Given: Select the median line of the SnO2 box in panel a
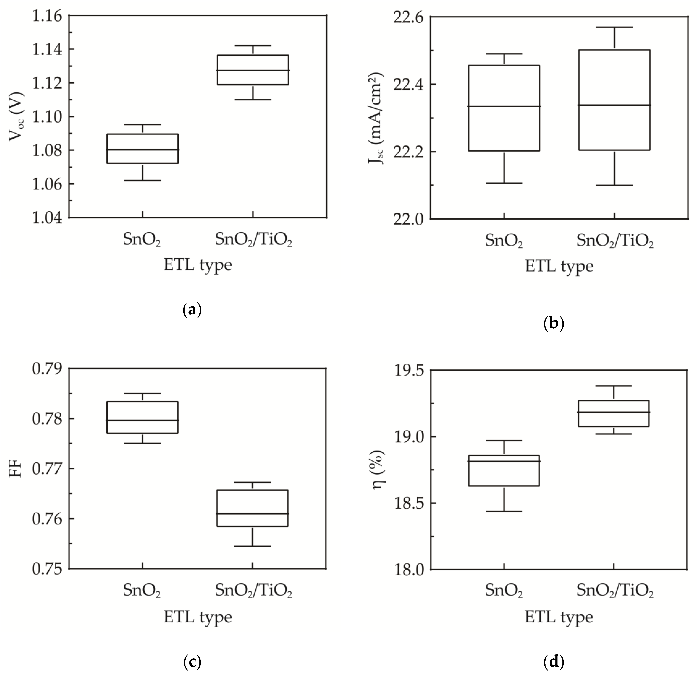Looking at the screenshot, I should (x=143, y=150).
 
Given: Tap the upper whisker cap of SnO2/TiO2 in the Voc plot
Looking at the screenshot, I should (x=253, y=46).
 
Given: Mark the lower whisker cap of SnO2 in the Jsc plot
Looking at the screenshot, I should (x=504, y=183).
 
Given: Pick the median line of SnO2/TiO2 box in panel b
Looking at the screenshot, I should (x=614, y=105).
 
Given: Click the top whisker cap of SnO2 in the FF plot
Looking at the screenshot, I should (x=143, y=394).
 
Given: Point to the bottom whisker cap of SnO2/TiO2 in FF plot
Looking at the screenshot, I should (x=253, y=547).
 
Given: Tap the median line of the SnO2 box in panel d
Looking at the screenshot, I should (x=504, y=461).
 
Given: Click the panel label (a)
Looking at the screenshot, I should (x=192, y=309).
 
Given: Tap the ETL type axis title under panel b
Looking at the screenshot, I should (x=559, y=266).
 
